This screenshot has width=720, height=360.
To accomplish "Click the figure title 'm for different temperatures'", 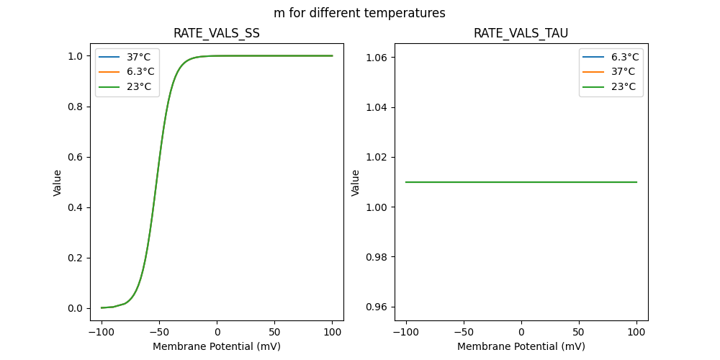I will [x=359, y=13].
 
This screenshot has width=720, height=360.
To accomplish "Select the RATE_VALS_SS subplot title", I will [x=216, y=34].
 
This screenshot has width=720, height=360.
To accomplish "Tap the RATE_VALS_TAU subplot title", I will [x=521, y=34].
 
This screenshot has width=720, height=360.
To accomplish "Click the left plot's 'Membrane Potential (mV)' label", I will [x=217, y=346].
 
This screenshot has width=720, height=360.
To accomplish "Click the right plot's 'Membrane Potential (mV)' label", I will [x=521, y=346].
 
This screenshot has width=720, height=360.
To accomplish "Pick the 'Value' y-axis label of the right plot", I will [x=355, y=183].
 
